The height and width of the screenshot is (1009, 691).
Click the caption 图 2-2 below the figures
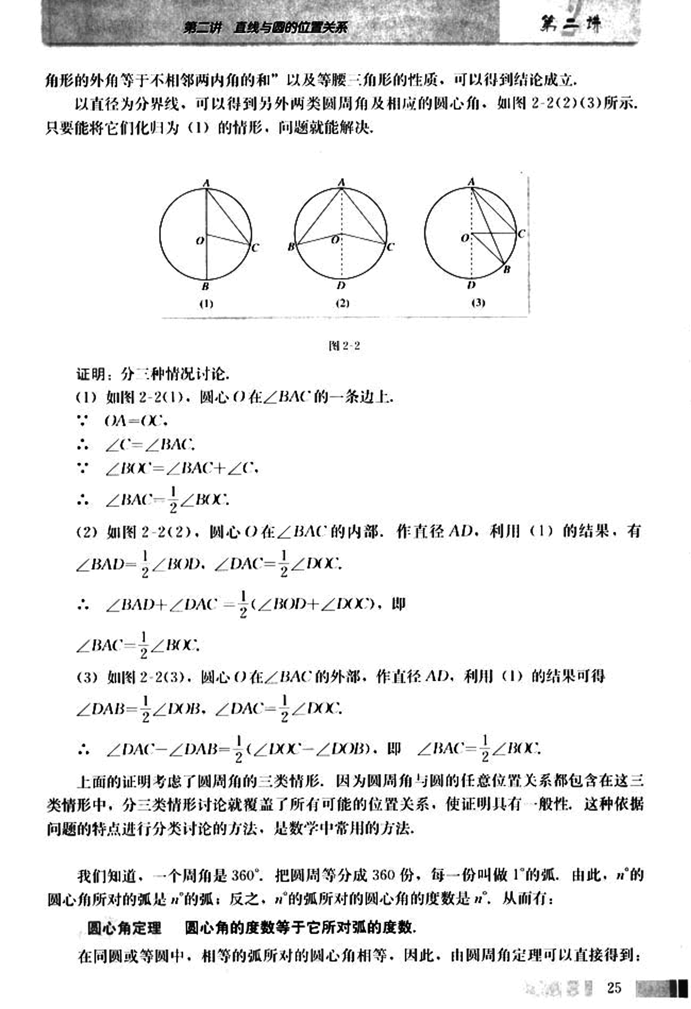[345, 346]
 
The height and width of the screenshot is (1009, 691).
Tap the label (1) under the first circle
[206, 304]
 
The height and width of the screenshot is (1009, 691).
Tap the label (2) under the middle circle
[343, 303]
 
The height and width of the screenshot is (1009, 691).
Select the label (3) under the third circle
[478, 303]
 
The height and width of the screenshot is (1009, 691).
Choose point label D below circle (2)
[341, 286]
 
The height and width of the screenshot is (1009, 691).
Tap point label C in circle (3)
[522, 234]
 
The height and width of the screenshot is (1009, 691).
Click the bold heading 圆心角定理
[124, 928]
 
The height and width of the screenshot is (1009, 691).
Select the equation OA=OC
[136, 421]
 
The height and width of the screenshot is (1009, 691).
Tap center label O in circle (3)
[465, 238]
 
